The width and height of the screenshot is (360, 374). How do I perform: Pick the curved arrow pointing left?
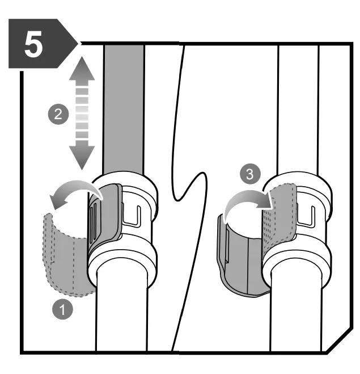[x=71, y=192]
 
